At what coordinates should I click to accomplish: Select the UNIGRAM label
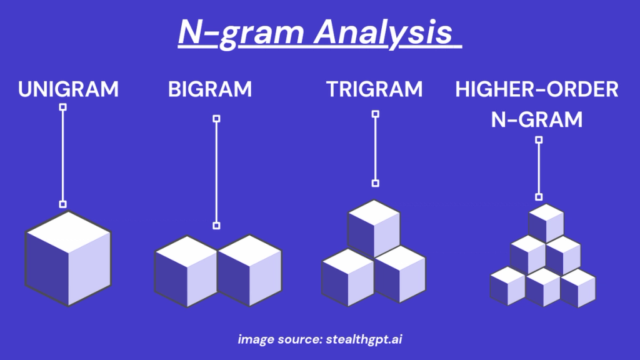(68, 89)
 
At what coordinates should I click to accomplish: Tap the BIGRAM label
(210, 89)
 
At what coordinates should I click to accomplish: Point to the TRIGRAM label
(374, 89)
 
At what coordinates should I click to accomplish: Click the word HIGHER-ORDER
(537, 89)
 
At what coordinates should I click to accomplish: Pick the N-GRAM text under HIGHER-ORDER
(537, 119)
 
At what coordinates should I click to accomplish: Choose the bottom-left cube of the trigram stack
(347, 275)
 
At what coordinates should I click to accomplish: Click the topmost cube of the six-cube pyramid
(546, 222)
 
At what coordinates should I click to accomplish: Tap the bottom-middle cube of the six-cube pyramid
(542, 287)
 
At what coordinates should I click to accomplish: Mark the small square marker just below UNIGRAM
(62, 107)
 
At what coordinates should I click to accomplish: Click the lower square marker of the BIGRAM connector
(216, 226)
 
